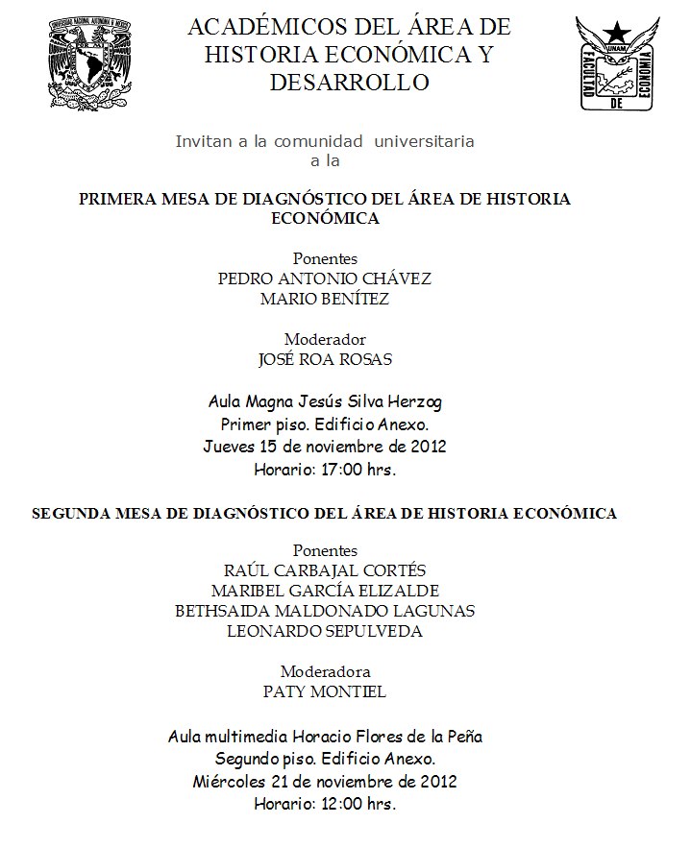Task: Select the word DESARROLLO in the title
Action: pos(349,83)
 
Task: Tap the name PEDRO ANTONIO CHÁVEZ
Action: pos(325,279)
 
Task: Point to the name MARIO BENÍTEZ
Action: pos(325,299)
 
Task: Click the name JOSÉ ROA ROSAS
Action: pos(326,359)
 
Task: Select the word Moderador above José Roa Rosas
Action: pos(325,339)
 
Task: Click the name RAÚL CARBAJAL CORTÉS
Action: pos(325,570)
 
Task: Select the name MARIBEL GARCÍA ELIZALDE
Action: pos(325,591)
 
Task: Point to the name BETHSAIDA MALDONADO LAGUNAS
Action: pos(325,611)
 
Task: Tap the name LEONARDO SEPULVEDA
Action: pos(325,631)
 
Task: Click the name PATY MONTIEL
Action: pos(325,691)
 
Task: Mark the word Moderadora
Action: pos(325,671)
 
